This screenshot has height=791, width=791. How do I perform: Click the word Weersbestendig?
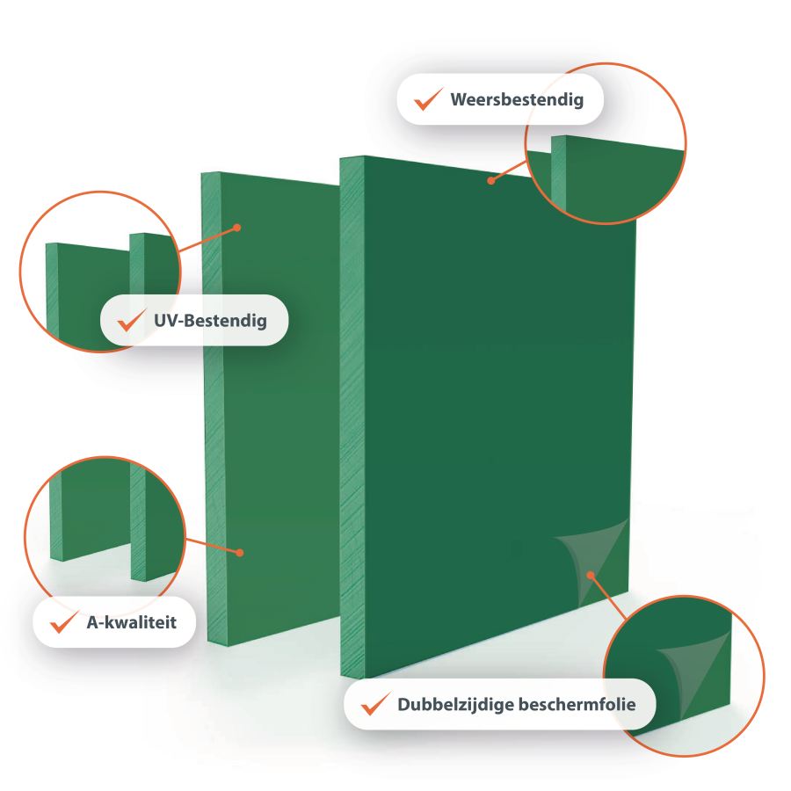[x=517, y=100]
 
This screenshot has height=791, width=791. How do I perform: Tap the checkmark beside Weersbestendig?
[x=428, y=99]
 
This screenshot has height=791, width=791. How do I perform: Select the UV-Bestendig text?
[x=210, y=321]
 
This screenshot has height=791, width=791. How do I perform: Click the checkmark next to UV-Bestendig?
[x=132, y=320]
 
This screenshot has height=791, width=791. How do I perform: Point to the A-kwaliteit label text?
[x=132, y=622]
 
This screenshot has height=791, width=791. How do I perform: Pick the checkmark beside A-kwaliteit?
[x=64, y=622]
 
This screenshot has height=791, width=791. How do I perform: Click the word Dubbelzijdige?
[x=455, y=705]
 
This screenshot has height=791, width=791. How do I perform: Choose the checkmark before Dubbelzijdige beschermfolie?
[x=376, y=704]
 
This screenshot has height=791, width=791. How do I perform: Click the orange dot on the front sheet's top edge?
[x=490, y=180]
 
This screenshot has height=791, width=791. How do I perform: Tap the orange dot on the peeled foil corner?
[x=591, y=575]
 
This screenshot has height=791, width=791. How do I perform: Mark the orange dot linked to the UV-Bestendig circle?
[x=237, y=228]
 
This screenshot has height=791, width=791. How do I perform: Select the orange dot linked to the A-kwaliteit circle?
[x=240, y=553]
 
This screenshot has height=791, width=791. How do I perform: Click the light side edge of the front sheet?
[x=352, y=417]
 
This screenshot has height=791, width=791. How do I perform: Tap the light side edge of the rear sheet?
[x=215, y=409]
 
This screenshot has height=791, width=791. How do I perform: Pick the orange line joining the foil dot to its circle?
[x=608, y=598]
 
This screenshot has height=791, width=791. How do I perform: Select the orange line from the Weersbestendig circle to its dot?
[x=509, y=171]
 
